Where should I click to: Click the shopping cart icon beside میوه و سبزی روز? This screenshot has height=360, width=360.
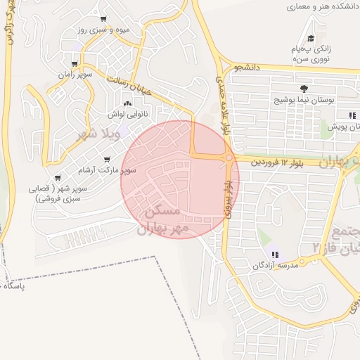[x=104, y=19]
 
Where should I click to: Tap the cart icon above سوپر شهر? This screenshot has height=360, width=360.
[x=57, y=177]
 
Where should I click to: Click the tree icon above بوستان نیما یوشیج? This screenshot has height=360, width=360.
[x=304, y=89]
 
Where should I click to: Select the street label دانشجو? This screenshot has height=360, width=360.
[x=247, y=68]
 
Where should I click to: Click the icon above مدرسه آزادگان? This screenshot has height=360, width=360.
[x=274, y=255]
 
